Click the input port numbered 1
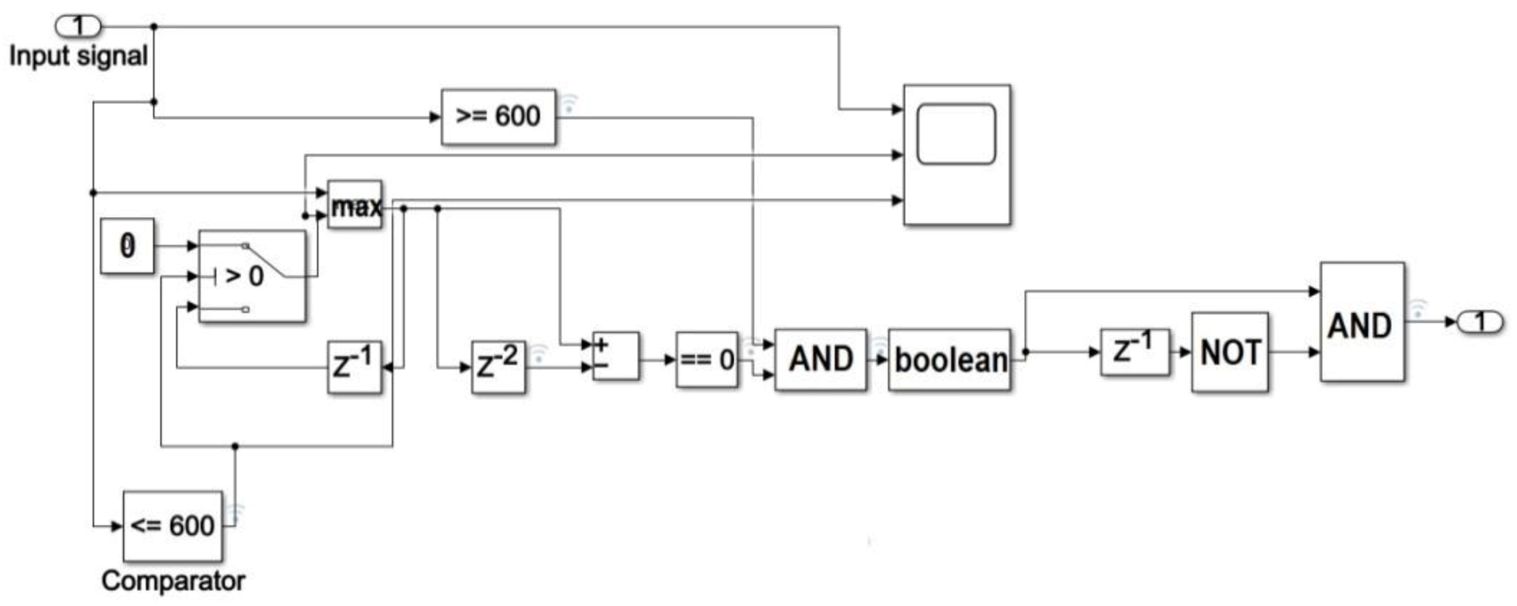point(78,26)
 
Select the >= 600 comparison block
point(498,116)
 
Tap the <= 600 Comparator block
point(172,526)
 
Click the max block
point(355,205)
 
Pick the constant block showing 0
point(127,245)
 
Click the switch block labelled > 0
point(252,276)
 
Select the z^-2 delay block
point(498,366)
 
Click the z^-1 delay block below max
point(354,366)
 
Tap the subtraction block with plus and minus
point(615,356)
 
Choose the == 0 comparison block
point(707,359)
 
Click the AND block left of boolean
point(821,359)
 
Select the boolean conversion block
point(950,360)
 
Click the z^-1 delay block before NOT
point(1135,352)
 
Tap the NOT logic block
point(1229,352)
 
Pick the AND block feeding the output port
point(1362,322)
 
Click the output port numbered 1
point(1480,322)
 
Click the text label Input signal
point(78,56)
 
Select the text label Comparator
point(173,581)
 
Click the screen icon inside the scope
point(956,134)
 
